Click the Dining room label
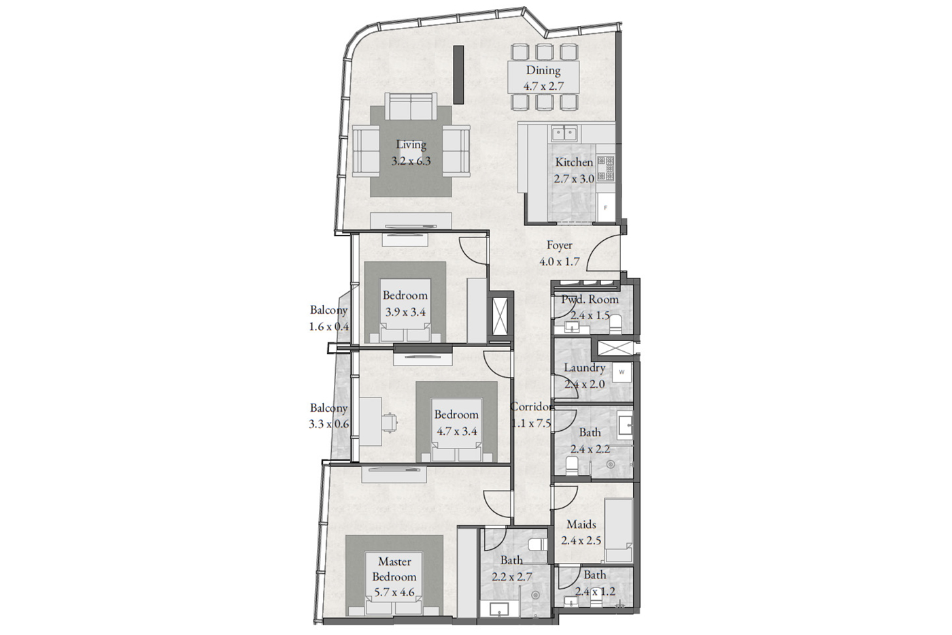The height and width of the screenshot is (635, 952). (x=543, y=70)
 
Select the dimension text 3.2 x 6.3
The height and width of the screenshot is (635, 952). (x=411, y=161)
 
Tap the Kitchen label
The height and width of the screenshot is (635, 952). (x=574, y=163)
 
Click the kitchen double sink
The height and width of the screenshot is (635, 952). (x=564, y=133)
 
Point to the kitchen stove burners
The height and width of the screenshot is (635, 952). (x=606, y=168)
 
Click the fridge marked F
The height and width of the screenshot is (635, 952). (x=606, y=208)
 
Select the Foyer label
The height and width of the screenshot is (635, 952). (x=559, y=245)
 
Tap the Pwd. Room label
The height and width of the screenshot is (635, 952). (x=590, y=299)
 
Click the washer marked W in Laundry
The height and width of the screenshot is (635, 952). (x=622, y=372)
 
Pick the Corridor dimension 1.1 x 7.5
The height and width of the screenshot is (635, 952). (x=531, y=423)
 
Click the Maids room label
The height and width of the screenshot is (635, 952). (x=581, y=525)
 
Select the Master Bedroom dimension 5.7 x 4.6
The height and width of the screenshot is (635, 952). (x=394, y=591)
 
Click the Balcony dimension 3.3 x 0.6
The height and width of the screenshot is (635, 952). (x=329, y=424)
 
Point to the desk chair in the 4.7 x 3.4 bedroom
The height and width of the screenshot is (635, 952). (x=390, y=422)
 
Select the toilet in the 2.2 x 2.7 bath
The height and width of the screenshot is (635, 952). (x=538, y=544)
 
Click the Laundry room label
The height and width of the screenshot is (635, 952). (x=584, y=368)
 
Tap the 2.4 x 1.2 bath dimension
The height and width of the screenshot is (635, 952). (x=595, y=591)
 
